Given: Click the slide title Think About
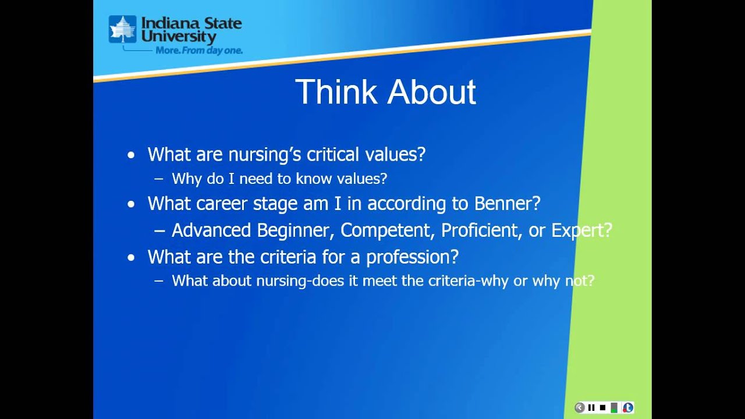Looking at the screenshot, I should [x=385, y=92].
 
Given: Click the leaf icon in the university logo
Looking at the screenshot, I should [x=122, y=30].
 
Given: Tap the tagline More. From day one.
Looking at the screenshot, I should [x=198, y=51].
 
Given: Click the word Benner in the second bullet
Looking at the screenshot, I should [x=507, y=204].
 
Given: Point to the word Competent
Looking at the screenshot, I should [x=385, y=230].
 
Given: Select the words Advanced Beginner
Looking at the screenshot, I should [x=251, y=230].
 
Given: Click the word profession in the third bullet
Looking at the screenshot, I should [x=412, y=257].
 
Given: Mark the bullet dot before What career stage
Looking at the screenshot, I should [x=131, y=204].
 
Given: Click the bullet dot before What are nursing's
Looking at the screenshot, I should [x=131, y=155].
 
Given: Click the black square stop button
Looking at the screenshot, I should [x=602, y=407].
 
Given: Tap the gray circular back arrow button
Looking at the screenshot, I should [x=580, y=407].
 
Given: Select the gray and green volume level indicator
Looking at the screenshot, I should [x=615, y=407].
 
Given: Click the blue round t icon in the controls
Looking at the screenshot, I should [x=627, y=407].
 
